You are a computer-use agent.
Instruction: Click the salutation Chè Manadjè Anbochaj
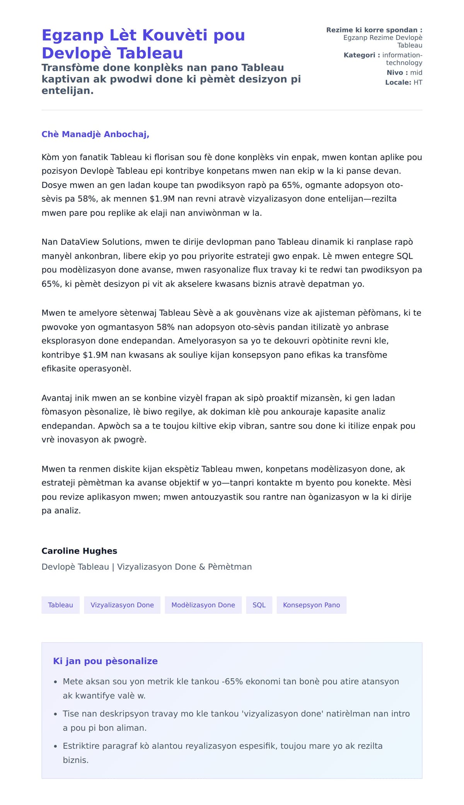click(x=95, y=134)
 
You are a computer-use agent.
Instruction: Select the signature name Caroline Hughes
click(x=79, y=551)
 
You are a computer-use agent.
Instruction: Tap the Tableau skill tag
click(x=60, y=605)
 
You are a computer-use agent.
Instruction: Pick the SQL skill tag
click(x=259, y=605)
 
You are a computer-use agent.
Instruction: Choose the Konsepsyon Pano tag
click(x=311, y=605)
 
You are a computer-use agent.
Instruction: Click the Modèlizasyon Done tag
click(x=203, y=605)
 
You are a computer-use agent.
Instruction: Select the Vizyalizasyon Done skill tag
click(x=122, y=605)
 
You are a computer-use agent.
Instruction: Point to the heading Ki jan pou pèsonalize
click(x=105, y=661)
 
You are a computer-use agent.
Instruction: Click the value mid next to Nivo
click(x=416, y=73)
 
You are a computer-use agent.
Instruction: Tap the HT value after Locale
click(x=418, y=82)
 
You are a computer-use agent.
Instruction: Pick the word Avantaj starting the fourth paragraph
click(x=57, y=398)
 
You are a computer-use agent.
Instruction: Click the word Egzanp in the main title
click(x=72, y=35)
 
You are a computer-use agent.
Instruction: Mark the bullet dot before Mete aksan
click(x=56, y=682)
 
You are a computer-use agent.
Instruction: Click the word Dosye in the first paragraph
click(x=54, y=185)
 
